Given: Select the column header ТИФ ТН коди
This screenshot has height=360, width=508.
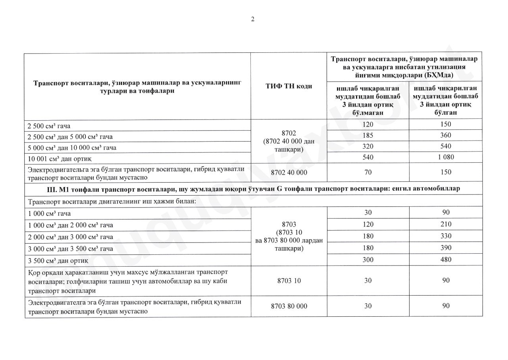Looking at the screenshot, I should [289, 87].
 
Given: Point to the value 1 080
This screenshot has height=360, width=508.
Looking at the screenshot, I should [446, 157].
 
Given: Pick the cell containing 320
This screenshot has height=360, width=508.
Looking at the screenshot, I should [368, 146].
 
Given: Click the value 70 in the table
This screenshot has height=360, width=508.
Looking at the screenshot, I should [368, 172].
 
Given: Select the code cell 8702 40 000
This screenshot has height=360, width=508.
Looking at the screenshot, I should [289, 173].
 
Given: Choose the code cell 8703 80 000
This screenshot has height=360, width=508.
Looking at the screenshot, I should [289, 307].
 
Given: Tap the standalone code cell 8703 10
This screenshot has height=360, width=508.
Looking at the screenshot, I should [289, 281].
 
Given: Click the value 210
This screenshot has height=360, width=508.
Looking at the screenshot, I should [446, 225].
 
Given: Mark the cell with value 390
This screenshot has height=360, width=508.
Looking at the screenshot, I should [446, 248].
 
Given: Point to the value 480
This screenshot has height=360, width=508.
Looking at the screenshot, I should [446, 260].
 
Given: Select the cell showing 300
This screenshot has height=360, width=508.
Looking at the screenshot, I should [368, 260].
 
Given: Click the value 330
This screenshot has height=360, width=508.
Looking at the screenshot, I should [446, 236].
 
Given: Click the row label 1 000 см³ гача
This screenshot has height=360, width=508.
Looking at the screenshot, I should [50, 213].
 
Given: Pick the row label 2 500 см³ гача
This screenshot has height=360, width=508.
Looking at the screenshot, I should [50, 126].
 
